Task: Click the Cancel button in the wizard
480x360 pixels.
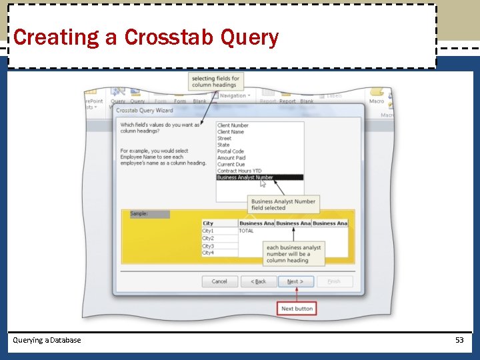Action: point(219,281)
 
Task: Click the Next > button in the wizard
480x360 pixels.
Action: point(295,281)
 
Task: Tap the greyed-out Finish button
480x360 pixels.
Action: point(334,281)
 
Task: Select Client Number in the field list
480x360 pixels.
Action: point(233,125)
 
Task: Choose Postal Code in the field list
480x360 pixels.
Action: point(231,151)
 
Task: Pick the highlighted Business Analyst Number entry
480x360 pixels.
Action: point(245,177)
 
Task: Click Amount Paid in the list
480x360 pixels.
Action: point(231,158)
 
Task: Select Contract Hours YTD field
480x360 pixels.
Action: point(239,171)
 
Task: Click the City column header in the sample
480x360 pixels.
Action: point(209,223)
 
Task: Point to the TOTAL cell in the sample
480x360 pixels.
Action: point(247,231)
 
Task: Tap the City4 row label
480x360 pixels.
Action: point(209,253)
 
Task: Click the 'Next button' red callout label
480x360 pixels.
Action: point(297,309)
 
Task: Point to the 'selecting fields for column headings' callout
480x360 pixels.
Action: point(215,81)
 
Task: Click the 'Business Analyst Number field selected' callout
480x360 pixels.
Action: point(283,204)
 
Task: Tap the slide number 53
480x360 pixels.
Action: point(459,340)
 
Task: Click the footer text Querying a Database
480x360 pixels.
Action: point(47,340)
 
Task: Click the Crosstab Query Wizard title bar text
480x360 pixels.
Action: point(145,110)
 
